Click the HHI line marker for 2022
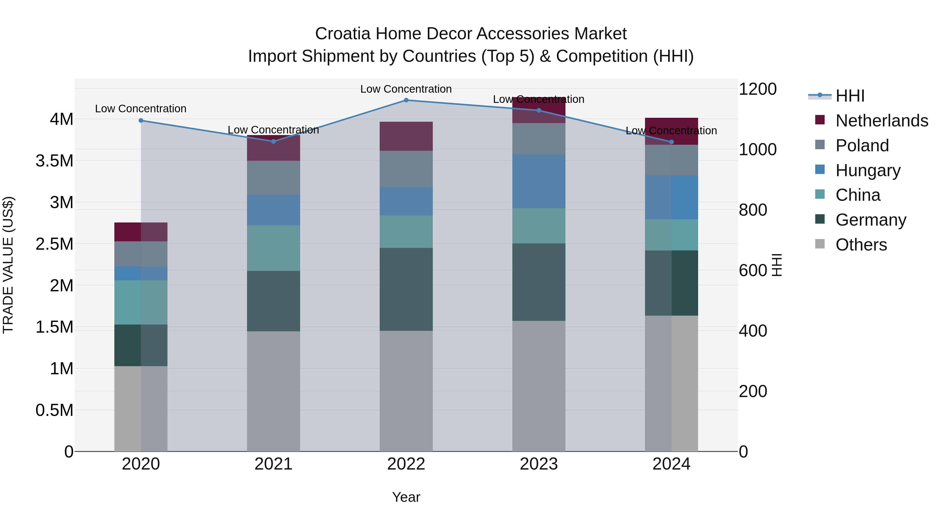click(406, 100)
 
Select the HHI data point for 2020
click(141, 120)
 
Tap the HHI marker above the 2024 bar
click(671, 142)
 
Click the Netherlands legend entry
click(881, 121)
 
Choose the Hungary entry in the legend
click(867, 170)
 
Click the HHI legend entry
click(850, 96)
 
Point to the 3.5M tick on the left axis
click(54, 161)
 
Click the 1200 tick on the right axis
click(758, 89)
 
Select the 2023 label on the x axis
click(539, 464)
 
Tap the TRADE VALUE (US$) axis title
click(8, 265)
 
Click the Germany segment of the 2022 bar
click(406, 289)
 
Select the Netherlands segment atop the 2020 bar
click(141, 232)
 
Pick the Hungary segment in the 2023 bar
click(539, 181)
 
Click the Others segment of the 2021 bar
click(273, 391)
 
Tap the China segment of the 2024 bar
click(671, 235)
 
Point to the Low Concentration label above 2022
click(406, 89)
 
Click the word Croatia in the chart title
click(343, 34)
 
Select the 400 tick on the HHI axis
click(753, 331)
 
